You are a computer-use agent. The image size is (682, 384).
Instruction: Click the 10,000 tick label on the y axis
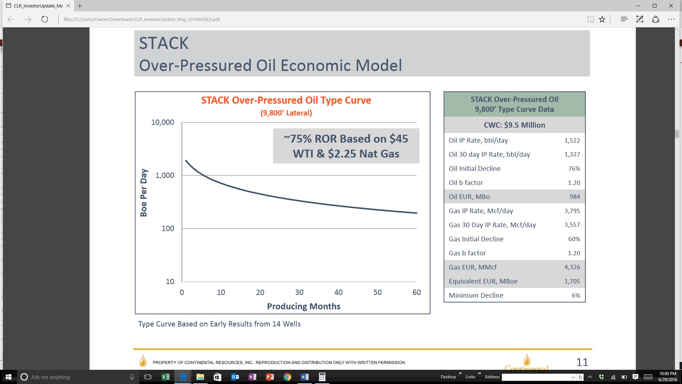163,122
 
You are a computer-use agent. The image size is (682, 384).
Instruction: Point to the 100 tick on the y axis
168,229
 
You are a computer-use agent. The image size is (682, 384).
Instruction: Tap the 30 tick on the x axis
299,292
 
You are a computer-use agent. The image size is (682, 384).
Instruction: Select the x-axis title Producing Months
304,306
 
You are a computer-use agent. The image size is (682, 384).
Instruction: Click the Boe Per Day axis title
144,193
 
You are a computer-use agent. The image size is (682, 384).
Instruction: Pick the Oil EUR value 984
575,197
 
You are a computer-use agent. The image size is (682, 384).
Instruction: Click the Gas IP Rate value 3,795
572,211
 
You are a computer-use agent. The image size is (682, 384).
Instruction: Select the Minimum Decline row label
476,295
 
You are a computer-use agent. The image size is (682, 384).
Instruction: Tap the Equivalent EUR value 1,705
572,281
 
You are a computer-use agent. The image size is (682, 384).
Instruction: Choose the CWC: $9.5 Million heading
514,125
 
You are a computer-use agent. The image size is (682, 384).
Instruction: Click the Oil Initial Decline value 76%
574,169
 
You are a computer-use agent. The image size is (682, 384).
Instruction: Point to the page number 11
582,362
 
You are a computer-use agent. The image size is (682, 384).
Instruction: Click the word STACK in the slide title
164,43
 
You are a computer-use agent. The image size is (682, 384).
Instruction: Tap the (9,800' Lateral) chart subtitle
286,113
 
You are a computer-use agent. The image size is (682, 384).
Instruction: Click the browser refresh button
45,19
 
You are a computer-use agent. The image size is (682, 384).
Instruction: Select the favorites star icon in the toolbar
602,19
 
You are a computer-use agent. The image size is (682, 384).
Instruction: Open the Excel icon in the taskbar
166,377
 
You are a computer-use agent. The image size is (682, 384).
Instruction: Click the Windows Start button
9,377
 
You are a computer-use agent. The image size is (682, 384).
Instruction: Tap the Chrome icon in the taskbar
287,377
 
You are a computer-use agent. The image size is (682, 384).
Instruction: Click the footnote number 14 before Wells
276,324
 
